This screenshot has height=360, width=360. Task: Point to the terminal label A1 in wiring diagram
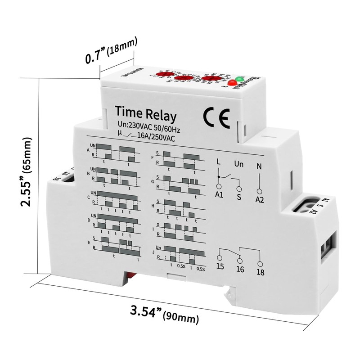(x=219, y=194)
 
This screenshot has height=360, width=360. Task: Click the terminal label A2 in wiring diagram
(x=259, y=198)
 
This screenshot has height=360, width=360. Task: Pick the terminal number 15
(x=220, y=266)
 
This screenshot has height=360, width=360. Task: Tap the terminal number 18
(x=260, y=272)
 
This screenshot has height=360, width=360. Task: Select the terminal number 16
(x=240, y=270)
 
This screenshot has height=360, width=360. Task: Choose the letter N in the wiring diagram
(x=258, y=165)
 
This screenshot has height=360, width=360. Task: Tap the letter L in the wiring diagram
(x=219, y=161)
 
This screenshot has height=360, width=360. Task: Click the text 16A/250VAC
(x=156, y=138)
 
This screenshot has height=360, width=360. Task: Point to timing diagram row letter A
(x=88, y=151)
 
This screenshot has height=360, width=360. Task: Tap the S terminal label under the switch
(x=239, y=197)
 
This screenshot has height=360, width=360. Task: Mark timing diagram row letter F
(x=153, y=158)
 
